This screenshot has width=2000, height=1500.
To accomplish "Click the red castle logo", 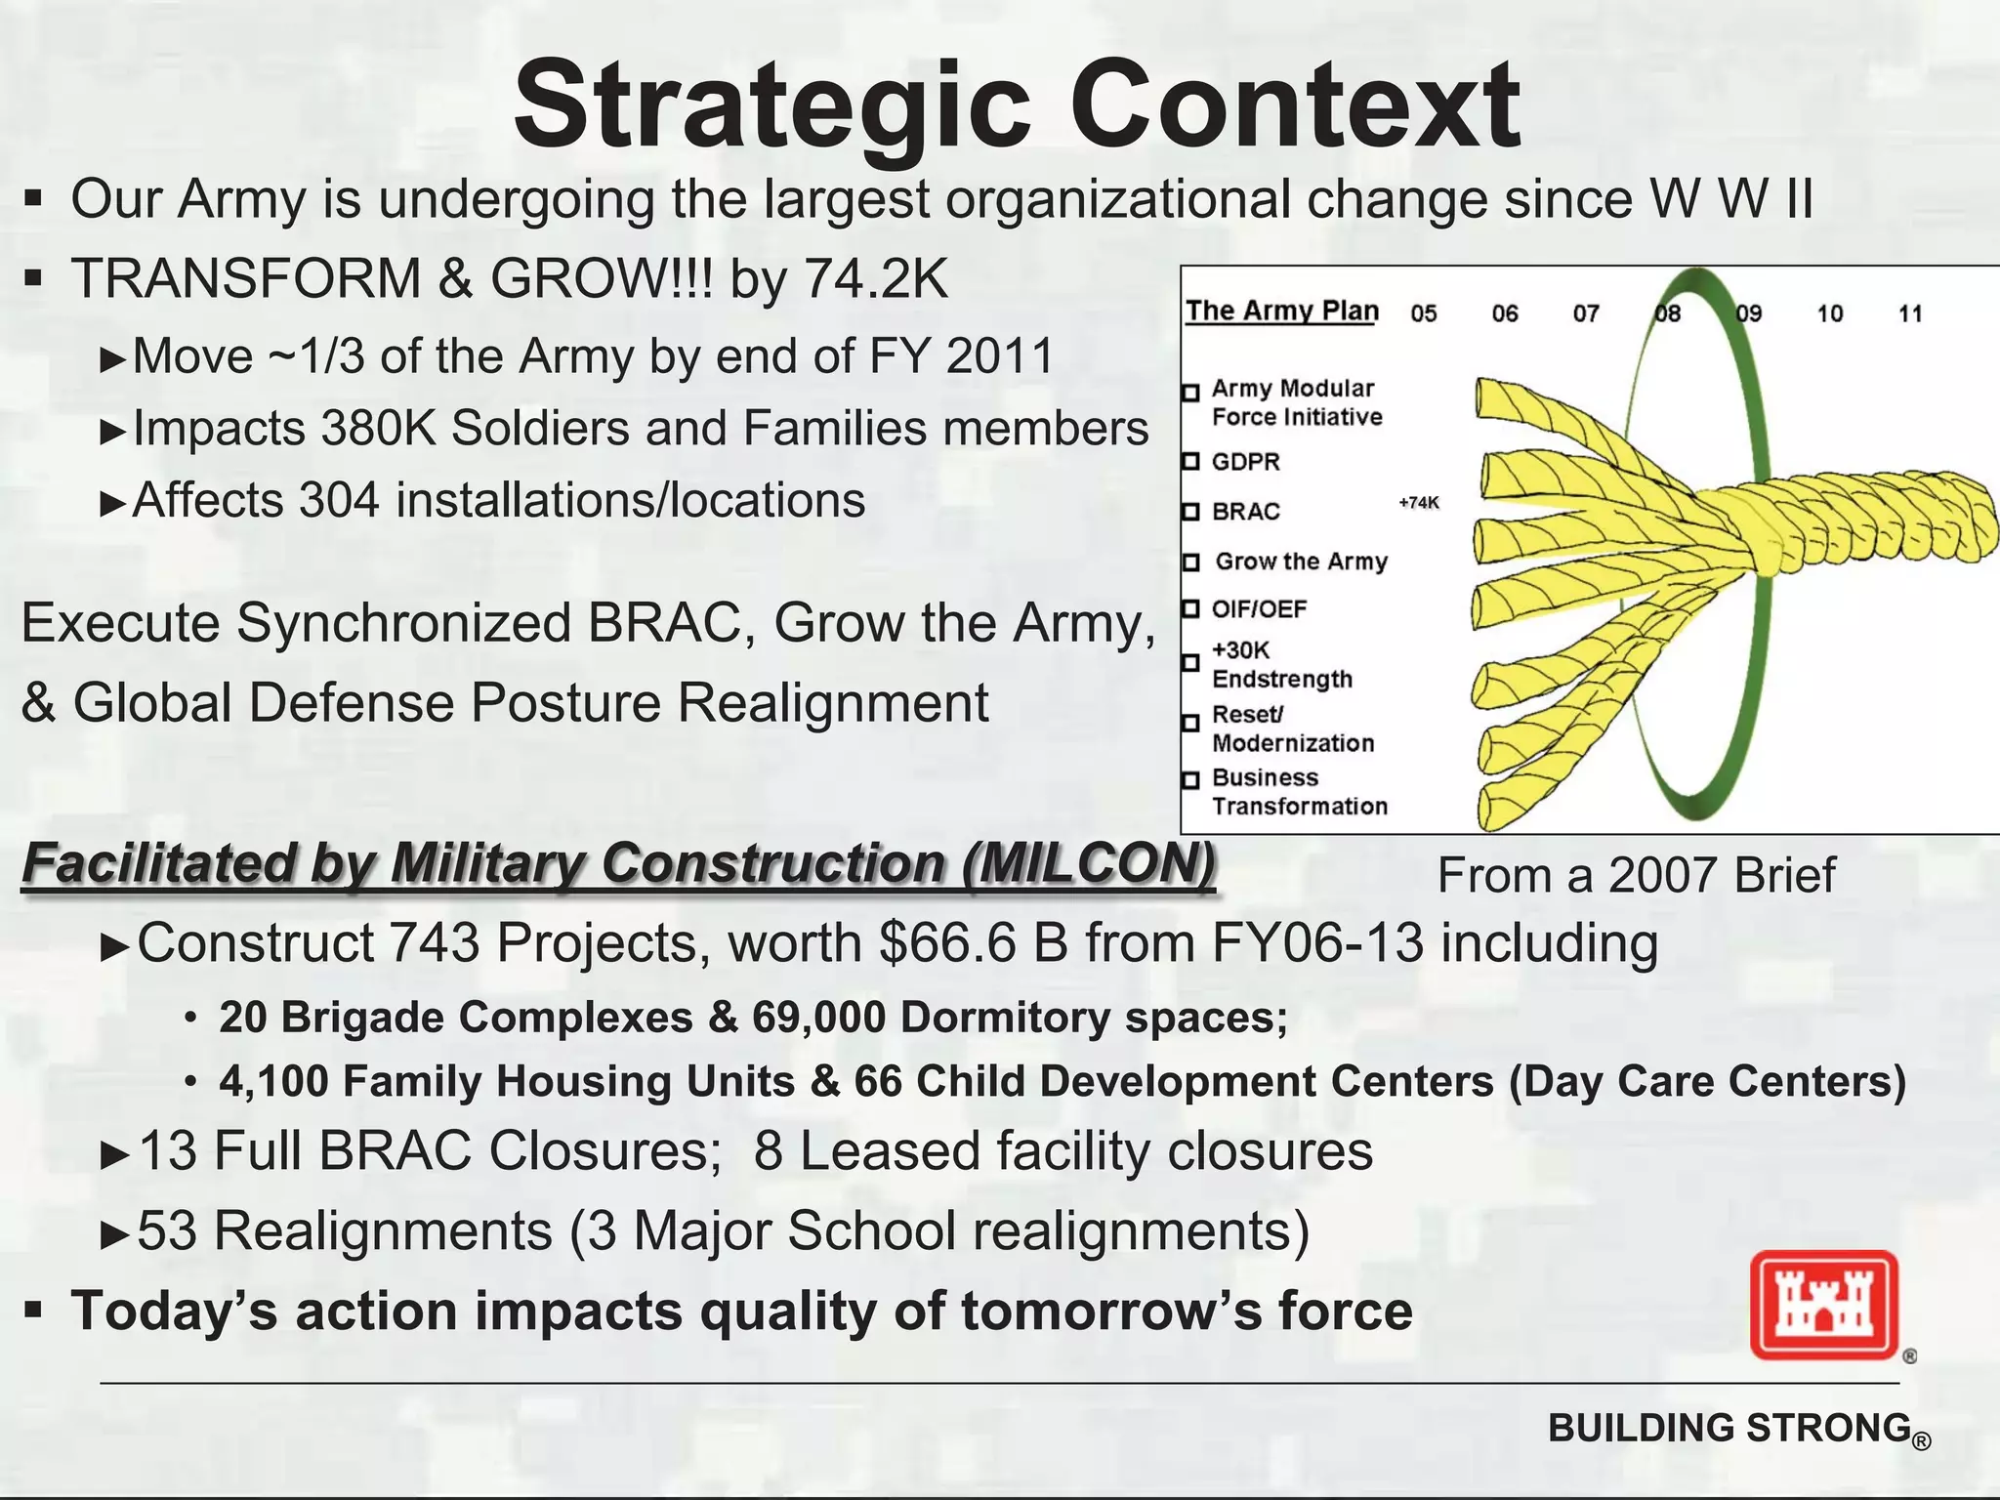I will pyautogui.click(x=1823, y=1306).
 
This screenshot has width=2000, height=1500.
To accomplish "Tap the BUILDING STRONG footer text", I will pyautogui.click(x=1729, y=1428).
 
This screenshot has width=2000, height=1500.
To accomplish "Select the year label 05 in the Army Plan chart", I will pyautogui.click(x=1424, y=313).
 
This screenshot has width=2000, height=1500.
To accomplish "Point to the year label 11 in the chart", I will pyautogui.click(x=1910, y=313).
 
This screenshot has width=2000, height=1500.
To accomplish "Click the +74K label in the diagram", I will pyautogui.click(x=1419, y=503).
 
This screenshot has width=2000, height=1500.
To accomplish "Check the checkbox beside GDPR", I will pyautogui.click(x=1190, y=462).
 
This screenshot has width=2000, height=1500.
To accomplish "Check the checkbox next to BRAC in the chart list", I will pyautogui.click(x=1190, y=512).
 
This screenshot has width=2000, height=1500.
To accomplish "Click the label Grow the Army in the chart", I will pyautogui.click(x=1301, y=562).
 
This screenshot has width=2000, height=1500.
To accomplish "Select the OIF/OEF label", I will pyautogui.click(x=1259, y=609).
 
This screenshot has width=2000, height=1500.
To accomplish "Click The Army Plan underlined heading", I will pyautogui.click(x=1281, y=311).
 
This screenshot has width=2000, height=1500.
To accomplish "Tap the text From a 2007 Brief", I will pyautogui.click(x=1636, y=875).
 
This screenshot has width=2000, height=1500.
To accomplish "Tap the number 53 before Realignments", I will pyautogui.click(x=167, y=1230).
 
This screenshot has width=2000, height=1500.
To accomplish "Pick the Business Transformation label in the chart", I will pyautogui.click(x=1299, y=792).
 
